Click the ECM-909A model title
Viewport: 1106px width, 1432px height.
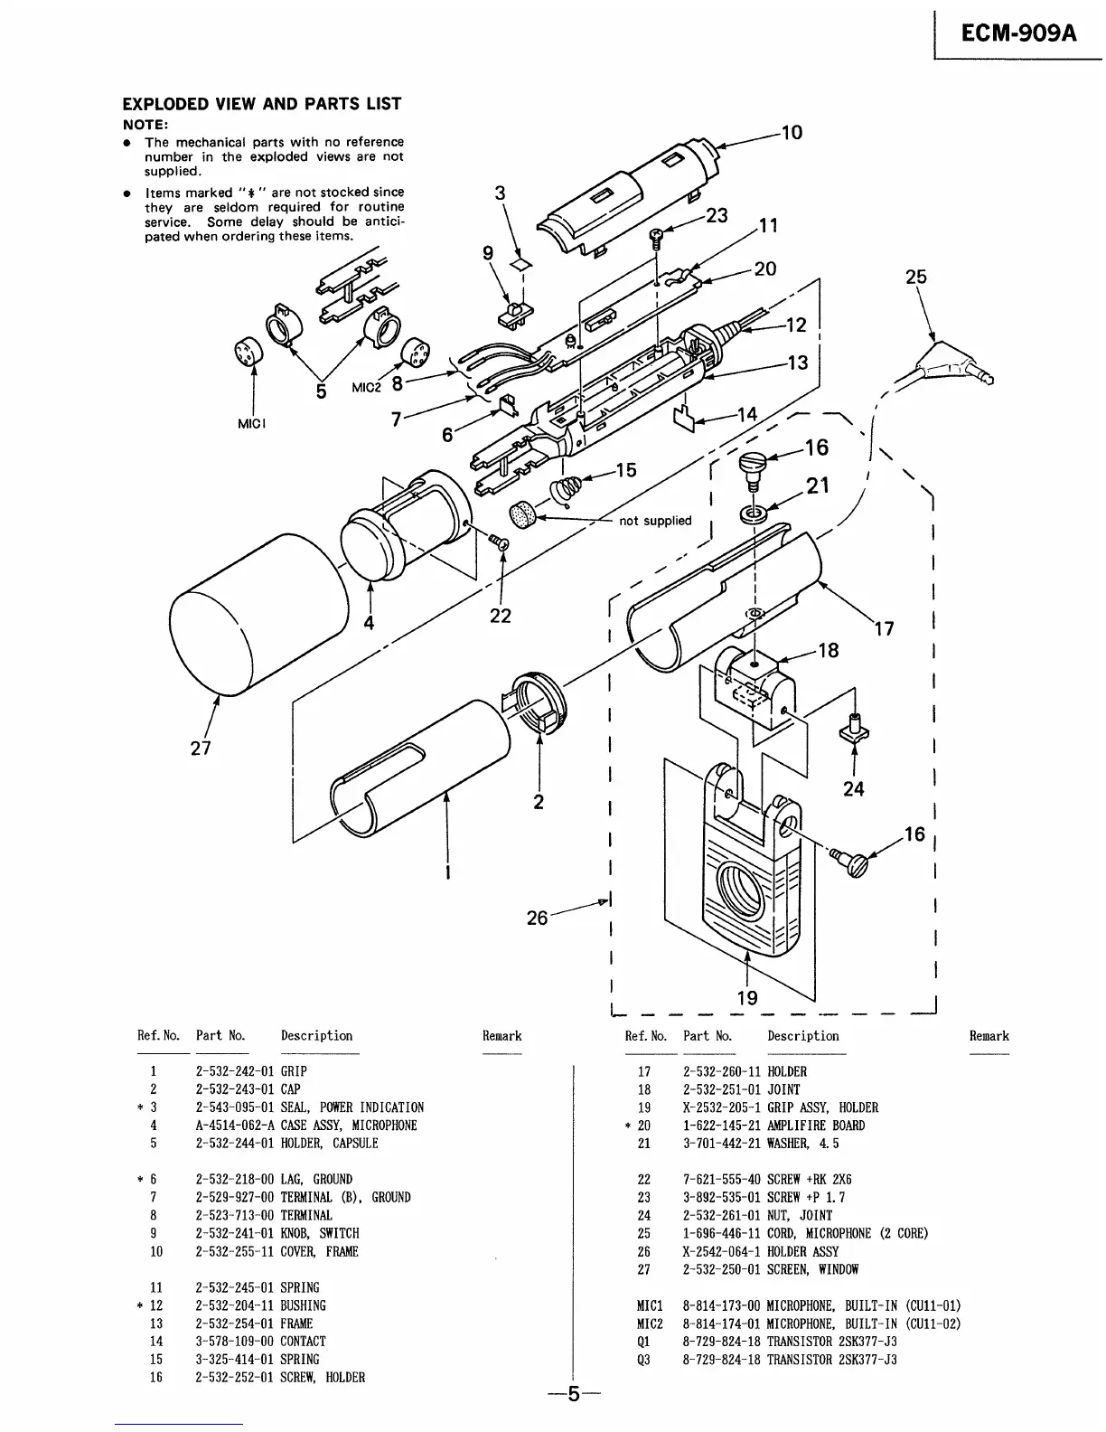(1017, 33)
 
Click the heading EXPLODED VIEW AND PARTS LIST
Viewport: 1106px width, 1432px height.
(262, 104)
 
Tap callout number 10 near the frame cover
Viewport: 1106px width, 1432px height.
(792, 133)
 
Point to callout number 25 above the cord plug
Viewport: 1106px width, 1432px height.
(916, 277)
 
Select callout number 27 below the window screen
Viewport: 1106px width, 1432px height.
(201, 748)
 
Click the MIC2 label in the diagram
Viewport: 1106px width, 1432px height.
(367, 388)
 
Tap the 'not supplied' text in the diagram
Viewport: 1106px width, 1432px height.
(655, 521)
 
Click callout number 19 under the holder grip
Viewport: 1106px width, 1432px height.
(747, 998)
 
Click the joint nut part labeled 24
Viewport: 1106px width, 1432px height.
(854, 729)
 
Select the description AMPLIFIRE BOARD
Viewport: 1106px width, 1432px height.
(815, 1126)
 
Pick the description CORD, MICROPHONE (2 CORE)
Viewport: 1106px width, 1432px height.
(847, 1233)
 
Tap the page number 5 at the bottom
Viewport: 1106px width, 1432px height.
(571, 1394)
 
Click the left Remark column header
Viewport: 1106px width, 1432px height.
(501, 1036)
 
